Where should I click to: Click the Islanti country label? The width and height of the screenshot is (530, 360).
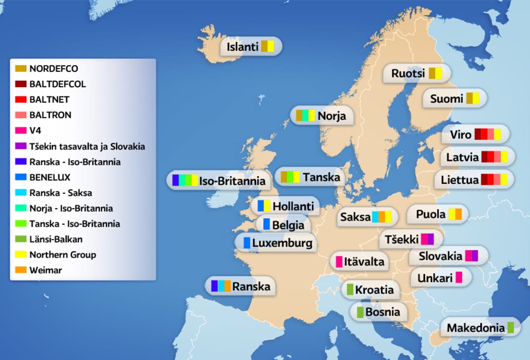(242, 47)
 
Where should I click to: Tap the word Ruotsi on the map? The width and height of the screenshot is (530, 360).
(408, 73)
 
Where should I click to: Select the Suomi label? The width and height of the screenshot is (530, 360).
(447, 99)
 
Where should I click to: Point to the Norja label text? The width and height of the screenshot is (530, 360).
(332, 116)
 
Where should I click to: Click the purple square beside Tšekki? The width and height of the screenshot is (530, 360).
(431, 239)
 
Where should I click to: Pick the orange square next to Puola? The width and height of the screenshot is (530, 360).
(458, 214)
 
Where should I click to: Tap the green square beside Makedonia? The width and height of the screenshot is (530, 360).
(511, 328)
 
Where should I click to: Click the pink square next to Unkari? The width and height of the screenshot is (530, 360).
(459, 278)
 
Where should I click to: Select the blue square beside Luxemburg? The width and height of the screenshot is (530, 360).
(247, 243)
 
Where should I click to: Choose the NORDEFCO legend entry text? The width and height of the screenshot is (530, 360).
(53, 69)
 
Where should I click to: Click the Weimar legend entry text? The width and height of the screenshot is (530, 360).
(45, 270)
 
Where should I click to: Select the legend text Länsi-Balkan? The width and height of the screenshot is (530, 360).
(56, 239)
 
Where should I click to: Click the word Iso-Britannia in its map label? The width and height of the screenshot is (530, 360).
(232, 181)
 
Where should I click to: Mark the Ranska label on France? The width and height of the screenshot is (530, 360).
(251, 286)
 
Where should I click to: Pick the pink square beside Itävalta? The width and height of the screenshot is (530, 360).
(339, 261)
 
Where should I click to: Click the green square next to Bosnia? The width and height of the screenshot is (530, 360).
(360, 312)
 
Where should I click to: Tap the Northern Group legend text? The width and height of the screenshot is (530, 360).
(62, 254)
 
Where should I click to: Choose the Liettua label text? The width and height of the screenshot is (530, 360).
(460, 180)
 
